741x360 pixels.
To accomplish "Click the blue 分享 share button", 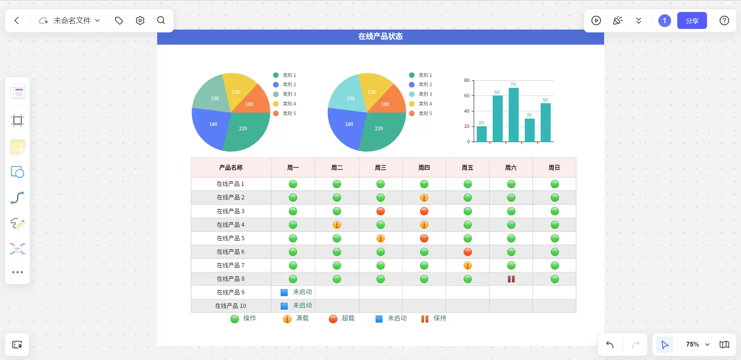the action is [x=692, y=20].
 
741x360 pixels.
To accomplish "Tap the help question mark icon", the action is [x=724, y=20].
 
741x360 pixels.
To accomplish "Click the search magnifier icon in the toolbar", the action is [x=161, y=20].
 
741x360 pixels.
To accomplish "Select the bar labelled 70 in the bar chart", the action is [x=513, y=115].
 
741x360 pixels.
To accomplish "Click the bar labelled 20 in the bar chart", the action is [x=482, y=134].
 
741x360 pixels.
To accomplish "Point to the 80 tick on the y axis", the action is [x=466, y=80].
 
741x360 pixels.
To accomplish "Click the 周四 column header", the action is [x=424, y=168].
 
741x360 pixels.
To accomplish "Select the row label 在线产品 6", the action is [x=231, y=252].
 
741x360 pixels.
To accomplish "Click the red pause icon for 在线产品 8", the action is [x=511, y=279].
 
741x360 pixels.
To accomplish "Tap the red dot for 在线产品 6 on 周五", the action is [x=468, y=252].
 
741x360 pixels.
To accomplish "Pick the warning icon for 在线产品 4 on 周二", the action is [x=337, y=225].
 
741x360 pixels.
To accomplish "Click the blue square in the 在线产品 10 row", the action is [x=284, y=306].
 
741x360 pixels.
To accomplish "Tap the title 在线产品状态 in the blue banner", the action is [x=380, y=36].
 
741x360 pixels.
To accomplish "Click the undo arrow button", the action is [x=610, y=344].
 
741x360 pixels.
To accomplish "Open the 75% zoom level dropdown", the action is [x=698, y=344].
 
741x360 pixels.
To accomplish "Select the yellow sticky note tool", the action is [x=17, y=146].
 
